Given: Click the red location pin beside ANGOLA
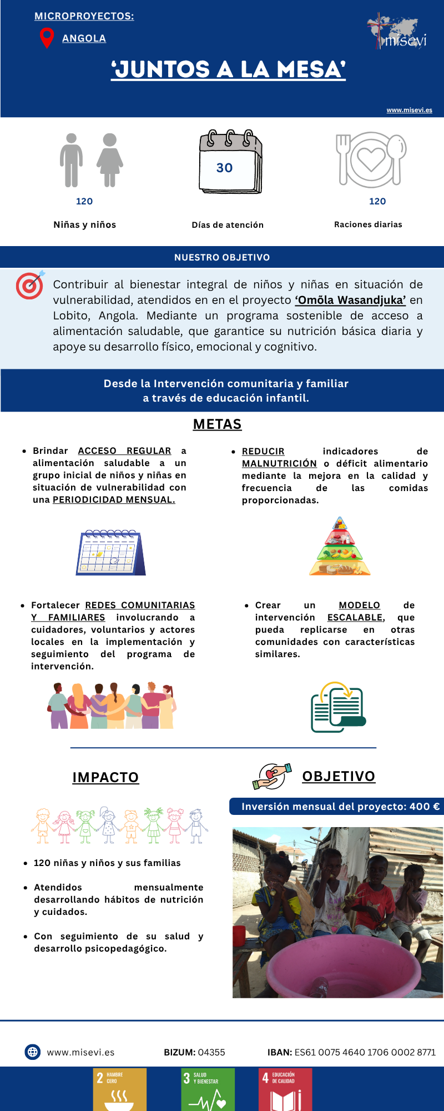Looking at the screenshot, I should click(47, 37).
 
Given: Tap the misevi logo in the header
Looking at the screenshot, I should click(397, 32).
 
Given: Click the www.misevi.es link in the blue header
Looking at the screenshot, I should click(409, 110).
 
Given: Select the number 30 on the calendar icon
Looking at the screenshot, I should click(225, 168).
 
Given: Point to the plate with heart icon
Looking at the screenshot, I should click(371, 160).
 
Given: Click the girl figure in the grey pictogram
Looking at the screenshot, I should click(110, 160).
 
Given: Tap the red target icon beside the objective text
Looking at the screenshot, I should click(30, 285).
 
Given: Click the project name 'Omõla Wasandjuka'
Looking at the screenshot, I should click(350, 301).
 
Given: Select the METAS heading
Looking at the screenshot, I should click(217, 424).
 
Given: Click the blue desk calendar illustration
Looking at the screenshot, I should click(110, 552).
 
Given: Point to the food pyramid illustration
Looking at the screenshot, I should click(340, 547).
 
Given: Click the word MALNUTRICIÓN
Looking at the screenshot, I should click(279, 463).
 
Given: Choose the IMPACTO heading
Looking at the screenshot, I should click(105, 777).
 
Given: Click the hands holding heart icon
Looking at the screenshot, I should click(271, 776).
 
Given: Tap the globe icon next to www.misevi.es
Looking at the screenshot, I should click(33, 1052).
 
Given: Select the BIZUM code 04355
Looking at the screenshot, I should click(211, 1052).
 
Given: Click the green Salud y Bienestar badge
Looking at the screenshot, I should click(208, 1089).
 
